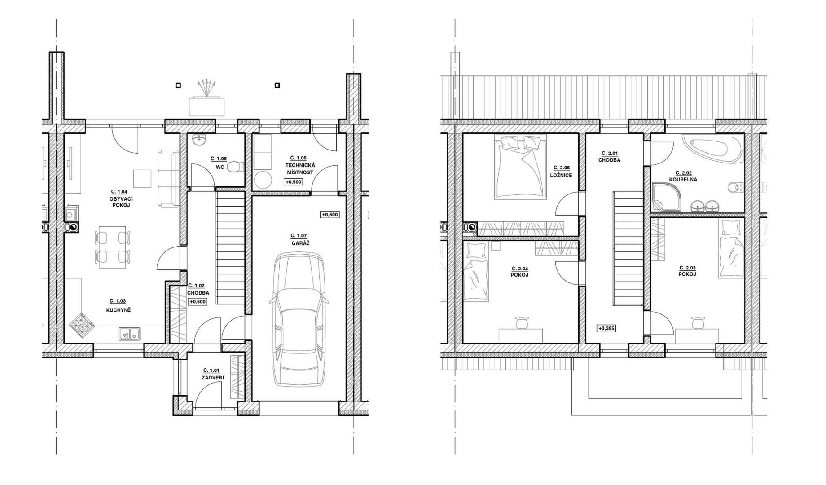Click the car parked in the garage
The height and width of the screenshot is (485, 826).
pyautogui.click(x=299, y=320)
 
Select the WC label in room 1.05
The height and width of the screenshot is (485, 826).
pyautogui.click(x=220, y=167)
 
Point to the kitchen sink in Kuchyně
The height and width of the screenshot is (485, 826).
pyautogui.click(x=129, y=334)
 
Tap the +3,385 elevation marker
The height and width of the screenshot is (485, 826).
pyautogui.click(x=606, y=328)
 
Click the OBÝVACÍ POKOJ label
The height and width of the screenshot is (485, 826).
pyautogui.click(x=121, y=202)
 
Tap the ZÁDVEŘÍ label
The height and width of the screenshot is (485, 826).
pyautogui.click(x=213, y=377)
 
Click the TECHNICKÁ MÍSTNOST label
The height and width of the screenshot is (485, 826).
pyautogui.click(x=300, y=168)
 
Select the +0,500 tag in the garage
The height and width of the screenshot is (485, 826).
pyautogui.click(x=330, y=215)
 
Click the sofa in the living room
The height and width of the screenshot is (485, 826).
pyautogui.click(x=168, y=180)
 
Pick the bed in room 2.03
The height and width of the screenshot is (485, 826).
pyautogui.click(x=731, y=249)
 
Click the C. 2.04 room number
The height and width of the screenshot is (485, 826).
pyautogui.click(x=519, y=269)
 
